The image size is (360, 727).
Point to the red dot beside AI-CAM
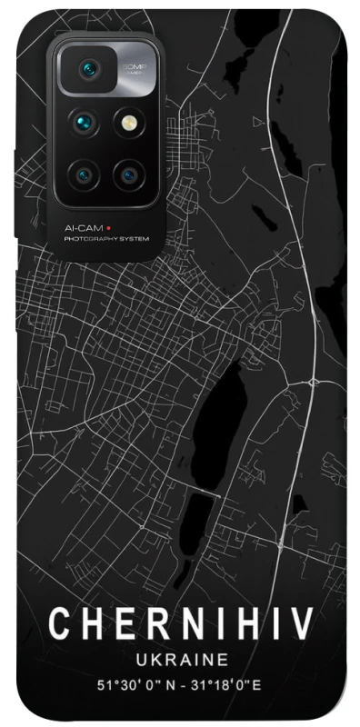click(x=105, y=228)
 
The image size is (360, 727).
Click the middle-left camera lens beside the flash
click(x=84, y=121)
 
